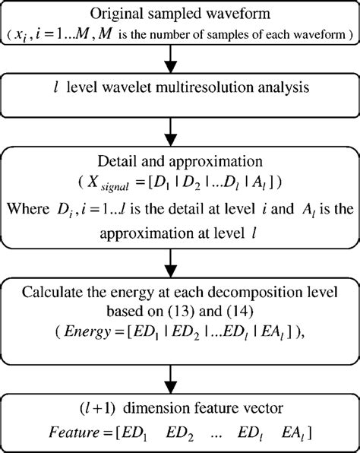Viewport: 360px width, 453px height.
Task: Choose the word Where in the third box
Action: (x=43, y=206)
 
